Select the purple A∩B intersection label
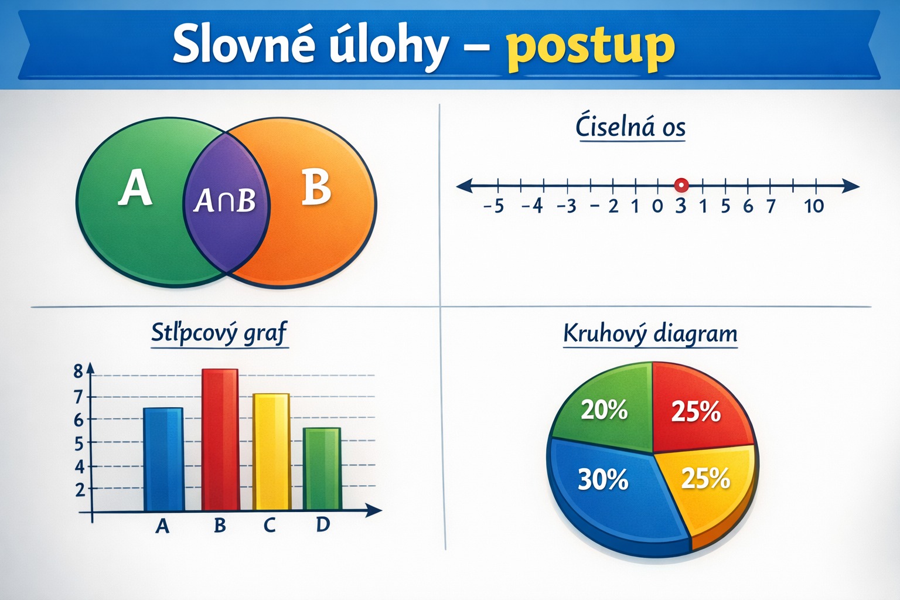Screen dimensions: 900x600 click(224, 200)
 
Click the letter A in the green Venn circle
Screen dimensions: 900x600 click(135, 187)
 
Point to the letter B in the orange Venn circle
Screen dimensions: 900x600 click(316, 187)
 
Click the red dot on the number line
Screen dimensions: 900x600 click(681, 185)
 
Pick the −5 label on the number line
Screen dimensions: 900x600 click(493, 206)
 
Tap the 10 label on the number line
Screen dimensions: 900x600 click(814, 206)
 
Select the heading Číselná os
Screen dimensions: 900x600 click(630, 127)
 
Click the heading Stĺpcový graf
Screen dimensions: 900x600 click(219, 333)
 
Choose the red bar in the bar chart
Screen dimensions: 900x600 click(220, 439)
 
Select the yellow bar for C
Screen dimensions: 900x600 click(271, 452)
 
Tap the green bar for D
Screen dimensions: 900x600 click(322, 469)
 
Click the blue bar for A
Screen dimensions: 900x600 click(163, 459)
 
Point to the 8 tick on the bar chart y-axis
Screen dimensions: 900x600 click(79, 371)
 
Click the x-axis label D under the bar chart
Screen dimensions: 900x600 click(323, 524)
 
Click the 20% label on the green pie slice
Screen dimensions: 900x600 click(604, 410)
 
